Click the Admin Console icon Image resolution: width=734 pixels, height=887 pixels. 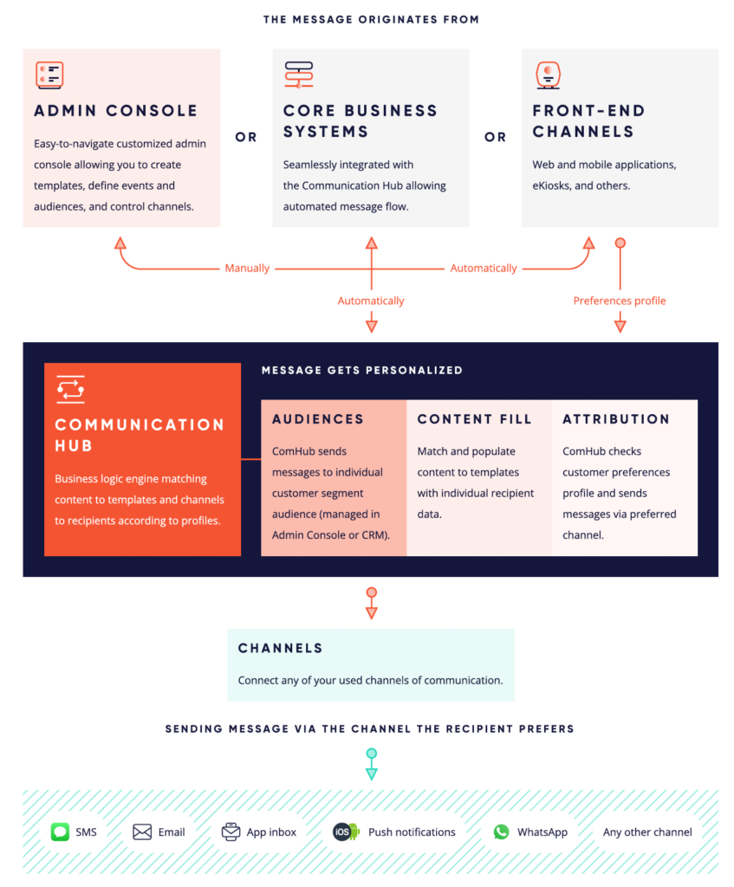click(x=49, y=74)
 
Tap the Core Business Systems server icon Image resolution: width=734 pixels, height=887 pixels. click(x=299, y=74)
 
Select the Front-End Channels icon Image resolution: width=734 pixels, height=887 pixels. click(x=548, y=75)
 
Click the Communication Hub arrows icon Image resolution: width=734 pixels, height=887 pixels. click(x=71, y=389)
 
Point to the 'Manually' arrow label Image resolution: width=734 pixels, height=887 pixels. click(x=247, y=269)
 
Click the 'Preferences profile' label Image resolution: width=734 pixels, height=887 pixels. click(x=620, y=301)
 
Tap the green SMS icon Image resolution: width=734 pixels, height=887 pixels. click(x=60, y=832)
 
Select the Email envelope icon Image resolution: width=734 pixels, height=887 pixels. click(x=142, y=832)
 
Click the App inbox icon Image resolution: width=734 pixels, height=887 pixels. click(x=231, y=832)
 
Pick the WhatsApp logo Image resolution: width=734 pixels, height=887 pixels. click(x=502, y=832)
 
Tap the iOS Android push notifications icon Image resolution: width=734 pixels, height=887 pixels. click(x=347, y=832)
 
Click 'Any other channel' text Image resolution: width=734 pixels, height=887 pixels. click(x=647, y=832)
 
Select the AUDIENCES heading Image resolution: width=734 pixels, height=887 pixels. click(x=318, y=419)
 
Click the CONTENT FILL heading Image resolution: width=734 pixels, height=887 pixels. click(x=475, y=419)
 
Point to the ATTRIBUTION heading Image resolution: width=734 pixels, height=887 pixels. click(x=616, y=419)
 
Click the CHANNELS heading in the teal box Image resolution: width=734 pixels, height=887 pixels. click(x=280, y=648)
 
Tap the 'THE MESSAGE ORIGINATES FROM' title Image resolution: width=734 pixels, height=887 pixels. click(x=371, y=20)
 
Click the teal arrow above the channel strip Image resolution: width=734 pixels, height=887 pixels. click(x=372, y=764)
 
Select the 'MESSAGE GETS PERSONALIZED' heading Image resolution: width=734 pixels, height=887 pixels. click(x=362, y=371)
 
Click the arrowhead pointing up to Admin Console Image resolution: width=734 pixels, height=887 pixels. click(x=120, y=243)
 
